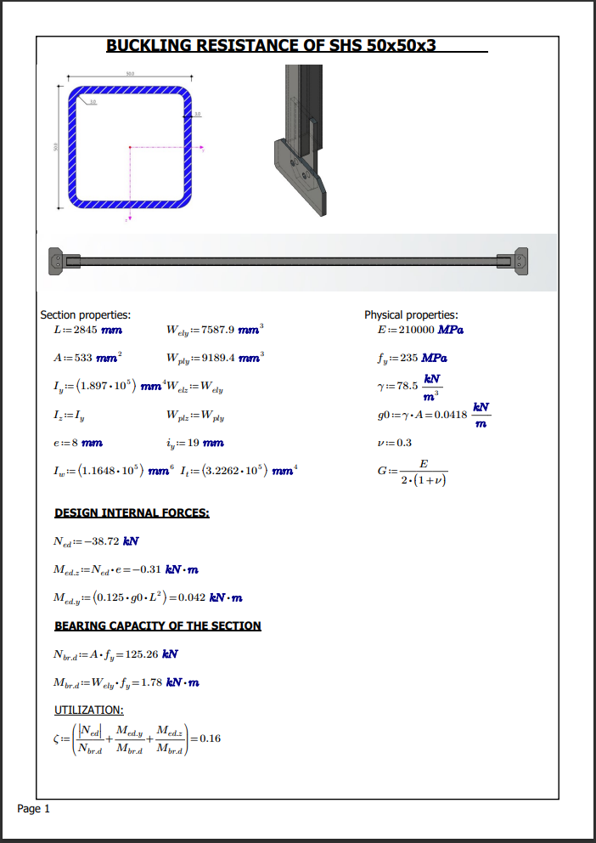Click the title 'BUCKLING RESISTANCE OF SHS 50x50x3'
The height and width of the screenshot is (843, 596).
click(271, 45)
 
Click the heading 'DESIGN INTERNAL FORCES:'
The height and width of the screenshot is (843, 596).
click(132, 512)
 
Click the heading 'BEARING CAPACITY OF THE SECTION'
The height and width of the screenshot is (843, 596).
click(158, 625)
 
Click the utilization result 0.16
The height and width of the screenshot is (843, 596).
click(209, 738)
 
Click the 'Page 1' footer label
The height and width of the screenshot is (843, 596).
click(34, 808)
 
